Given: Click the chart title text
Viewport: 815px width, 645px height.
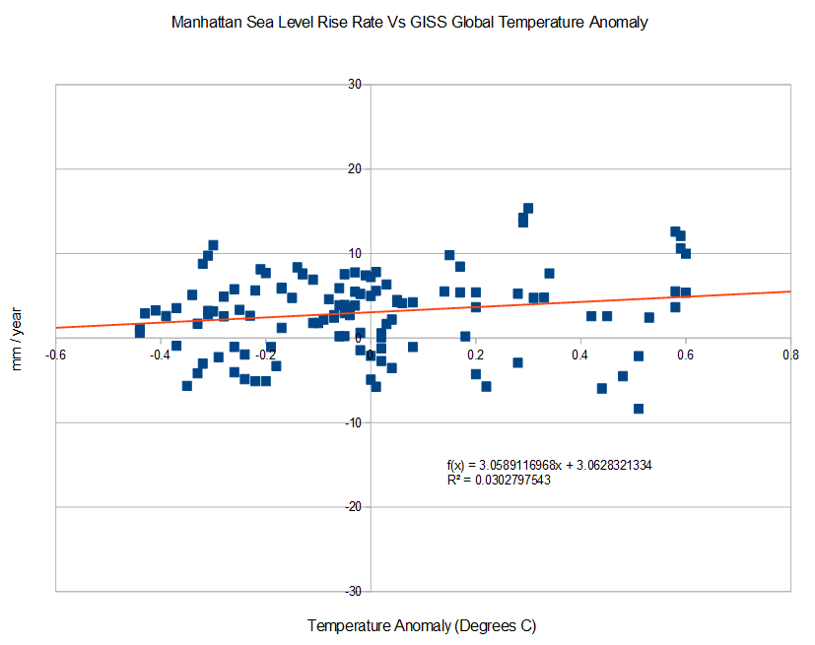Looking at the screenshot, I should click(407, 23).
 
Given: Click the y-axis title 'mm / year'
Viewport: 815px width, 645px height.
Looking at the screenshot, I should click(18, 338).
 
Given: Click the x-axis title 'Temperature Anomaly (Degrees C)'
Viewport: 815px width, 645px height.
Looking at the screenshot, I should click(422, 625).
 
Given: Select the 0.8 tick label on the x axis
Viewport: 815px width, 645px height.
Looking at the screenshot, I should click(790, 354).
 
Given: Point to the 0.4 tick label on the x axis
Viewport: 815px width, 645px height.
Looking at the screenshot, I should click(580, 354).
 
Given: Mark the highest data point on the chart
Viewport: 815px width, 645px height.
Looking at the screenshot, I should click(528, 208).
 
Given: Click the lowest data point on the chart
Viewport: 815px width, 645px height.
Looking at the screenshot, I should click(639, 409).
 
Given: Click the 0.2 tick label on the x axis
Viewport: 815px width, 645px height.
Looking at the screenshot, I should click(475, 354).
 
